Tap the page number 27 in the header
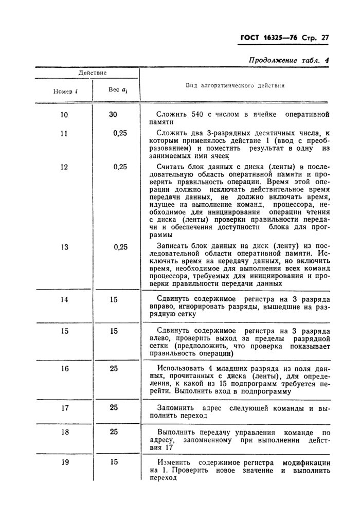(324, 38)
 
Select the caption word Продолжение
(273, 60)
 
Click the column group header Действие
(93, 73)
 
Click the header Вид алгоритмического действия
(235, 86)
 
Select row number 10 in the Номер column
(64, 115)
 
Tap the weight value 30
(113, 115)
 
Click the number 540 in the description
(199, 115)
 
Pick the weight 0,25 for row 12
(120, 167)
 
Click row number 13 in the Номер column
(64, 247)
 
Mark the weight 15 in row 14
(114, 299)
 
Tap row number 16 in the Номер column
(64, 368)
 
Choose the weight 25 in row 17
(114, 407)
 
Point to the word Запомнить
(176, 408)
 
